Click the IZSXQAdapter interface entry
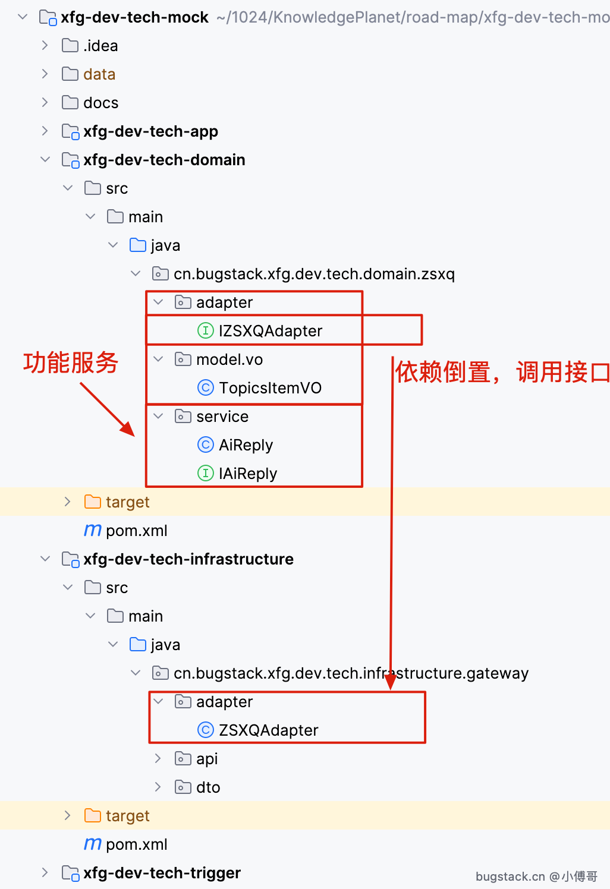point(270,330)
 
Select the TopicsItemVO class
point(270,387)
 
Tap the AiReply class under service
point(246,445)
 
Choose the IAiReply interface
point(248,474)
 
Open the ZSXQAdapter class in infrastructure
point(269,730)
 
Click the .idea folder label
point(100,46)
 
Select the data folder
point(99,74)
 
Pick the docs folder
point(101,103)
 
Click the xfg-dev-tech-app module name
point(150,131)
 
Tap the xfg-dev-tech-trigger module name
point(162,873)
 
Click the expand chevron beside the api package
point(158,758)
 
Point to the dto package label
point(208,787)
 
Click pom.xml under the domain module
point(137,531)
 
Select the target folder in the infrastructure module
point(127,815)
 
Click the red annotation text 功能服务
point(71,362)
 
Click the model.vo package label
point(229,359)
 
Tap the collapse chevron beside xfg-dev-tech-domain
point(45,159)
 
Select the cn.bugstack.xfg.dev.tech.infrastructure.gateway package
point(351,673)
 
